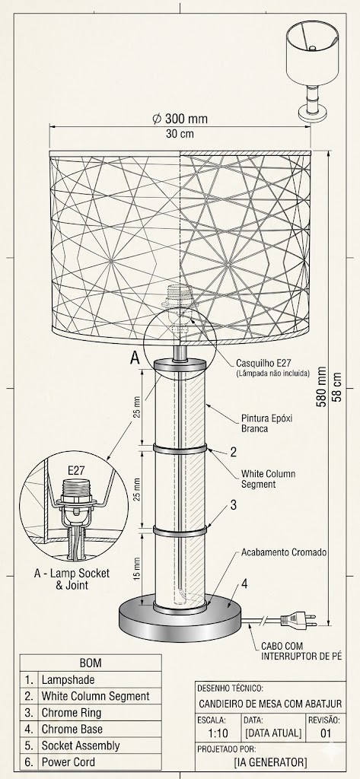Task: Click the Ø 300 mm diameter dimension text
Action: point(180,119)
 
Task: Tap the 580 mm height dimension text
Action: point(322,387)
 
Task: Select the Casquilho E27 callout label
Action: point(263,362)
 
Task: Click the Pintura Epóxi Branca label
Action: point(266,423)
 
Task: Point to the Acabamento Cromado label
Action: point(284,552)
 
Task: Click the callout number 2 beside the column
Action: point(233,452)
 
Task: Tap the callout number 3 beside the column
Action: point(233,505)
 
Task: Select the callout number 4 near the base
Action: point(244,583)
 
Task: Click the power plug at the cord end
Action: point(298,619)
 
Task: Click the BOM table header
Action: point(91,663)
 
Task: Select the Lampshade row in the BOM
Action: point(68,679)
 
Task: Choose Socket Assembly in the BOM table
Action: point(81,746)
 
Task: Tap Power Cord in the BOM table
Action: point(68,762)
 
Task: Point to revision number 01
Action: point(326,733)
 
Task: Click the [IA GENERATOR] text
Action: point(270,762)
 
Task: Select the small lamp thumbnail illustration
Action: point(313,70)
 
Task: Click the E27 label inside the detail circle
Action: point(75,470)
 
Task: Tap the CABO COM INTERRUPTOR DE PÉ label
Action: point(302,651)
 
